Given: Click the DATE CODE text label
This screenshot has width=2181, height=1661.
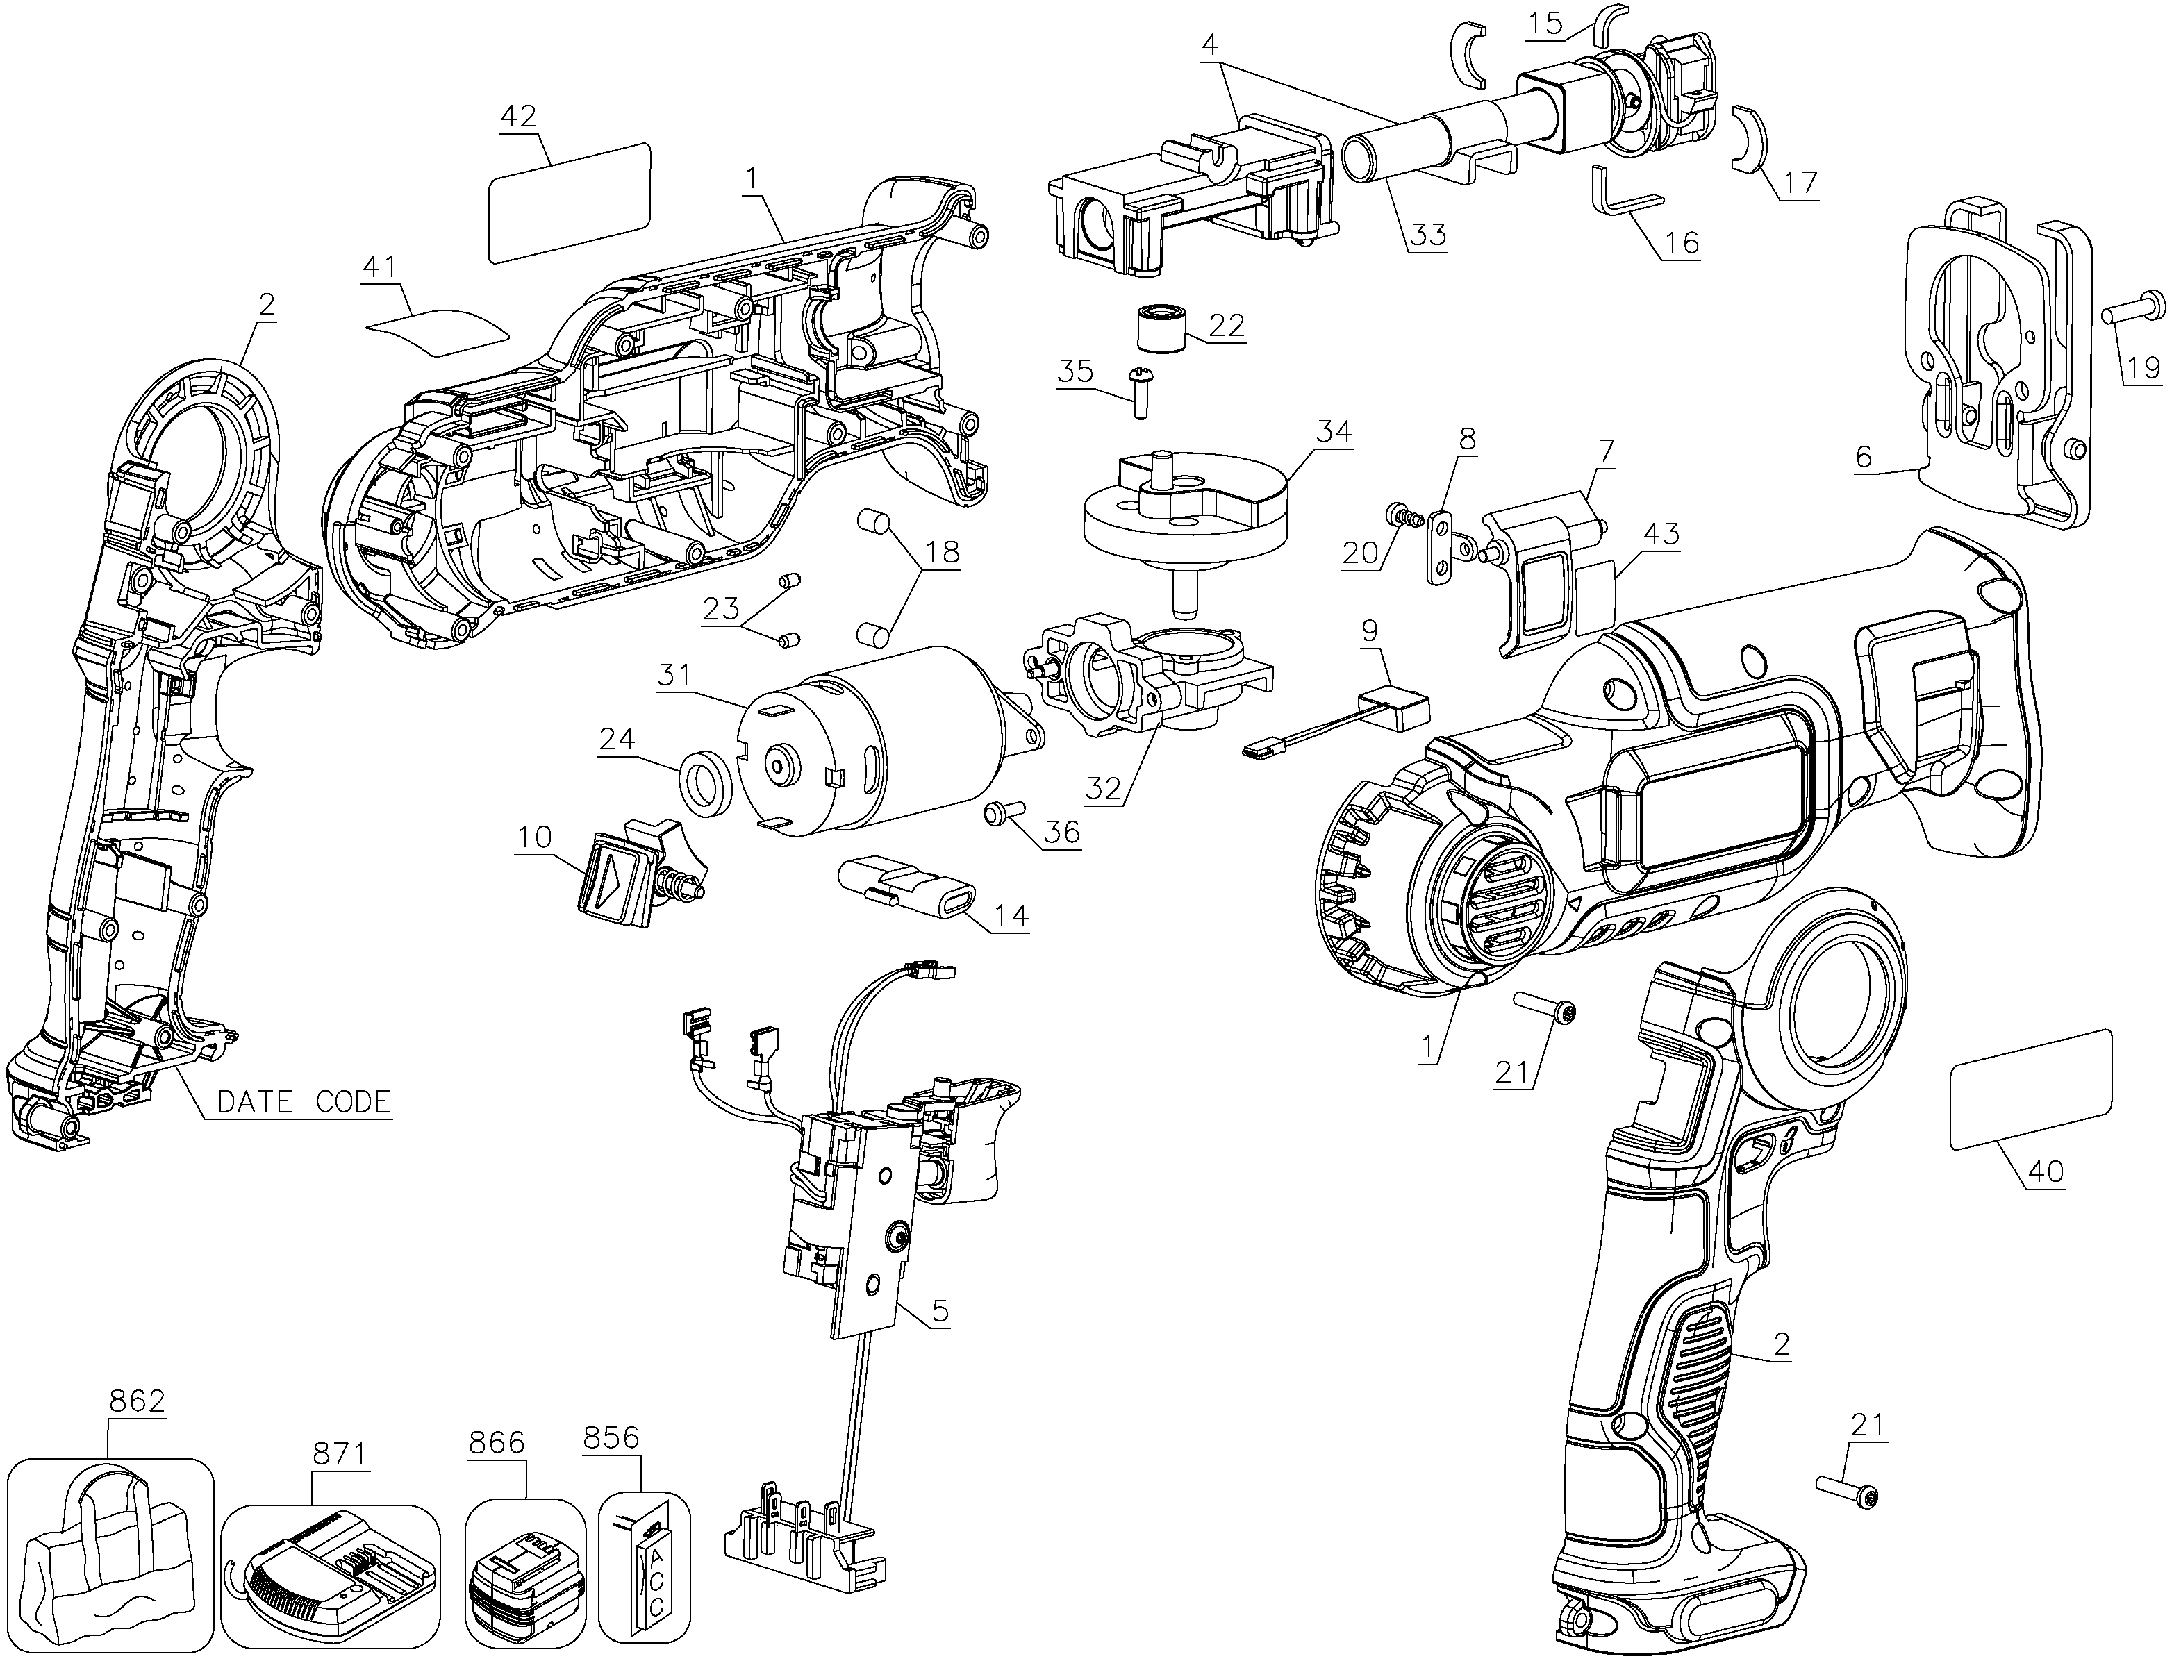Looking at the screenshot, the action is [x=304, y=1101].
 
